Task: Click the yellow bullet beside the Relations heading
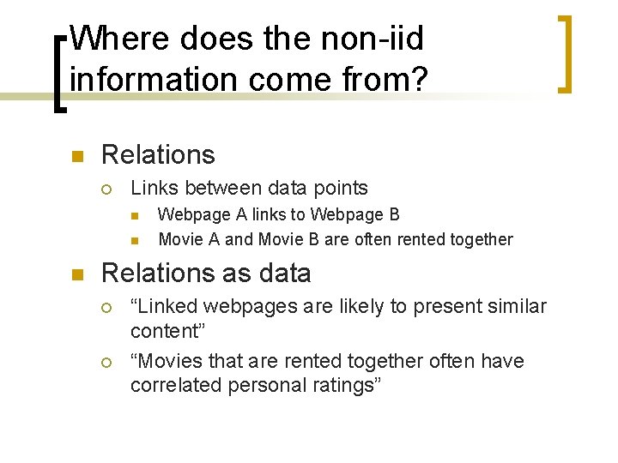click(x=76, y=156)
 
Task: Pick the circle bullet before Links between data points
click(x=107, y=189)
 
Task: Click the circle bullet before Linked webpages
click(x=107, y=307)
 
